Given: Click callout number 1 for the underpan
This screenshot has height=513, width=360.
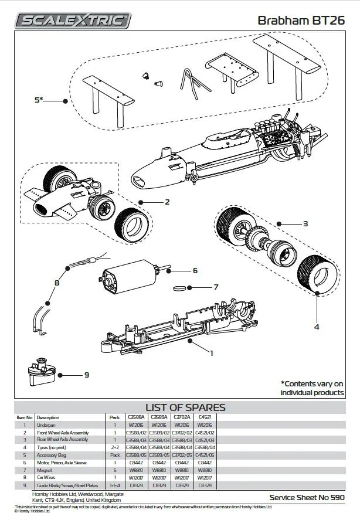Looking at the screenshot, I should click(x=211, y=353).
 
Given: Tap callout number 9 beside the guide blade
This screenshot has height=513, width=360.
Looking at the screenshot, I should click(x=86, y=375).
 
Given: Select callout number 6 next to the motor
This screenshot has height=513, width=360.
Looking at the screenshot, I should click(x=195, y=271).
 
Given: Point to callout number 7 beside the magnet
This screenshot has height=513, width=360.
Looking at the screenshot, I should click(x=216, y=287).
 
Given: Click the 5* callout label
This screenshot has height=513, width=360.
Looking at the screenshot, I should click(x=39, y=100).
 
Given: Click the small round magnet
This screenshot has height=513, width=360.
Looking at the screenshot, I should click(x=182, y=288).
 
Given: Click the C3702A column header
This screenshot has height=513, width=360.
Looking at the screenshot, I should click(x=183, y=417).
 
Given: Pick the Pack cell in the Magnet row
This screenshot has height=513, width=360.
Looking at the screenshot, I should click(x=115, y=470).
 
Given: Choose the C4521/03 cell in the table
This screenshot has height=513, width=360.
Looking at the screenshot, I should click(x=205, y=440).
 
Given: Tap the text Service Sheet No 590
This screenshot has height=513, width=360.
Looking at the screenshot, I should click(x=307, y=497).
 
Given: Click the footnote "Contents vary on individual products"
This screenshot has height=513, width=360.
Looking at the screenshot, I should click(x=312, y=388).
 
